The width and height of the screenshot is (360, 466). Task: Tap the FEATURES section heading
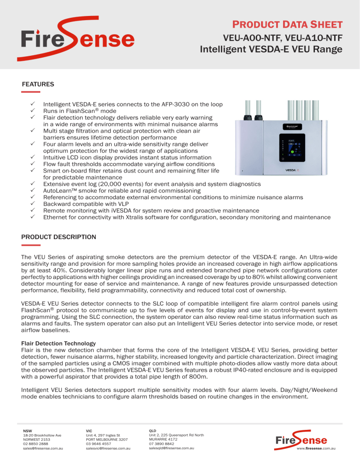point(38,84)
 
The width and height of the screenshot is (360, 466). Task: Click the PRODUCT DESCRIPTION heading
point(59,237)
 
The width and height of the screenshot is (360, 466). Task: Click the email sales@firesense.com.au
point(43,448)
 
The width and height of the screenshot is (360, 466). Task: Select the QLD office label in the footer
point(153,430)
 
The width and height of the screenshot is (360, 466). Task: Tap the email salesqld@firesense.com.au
point(171,448)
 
